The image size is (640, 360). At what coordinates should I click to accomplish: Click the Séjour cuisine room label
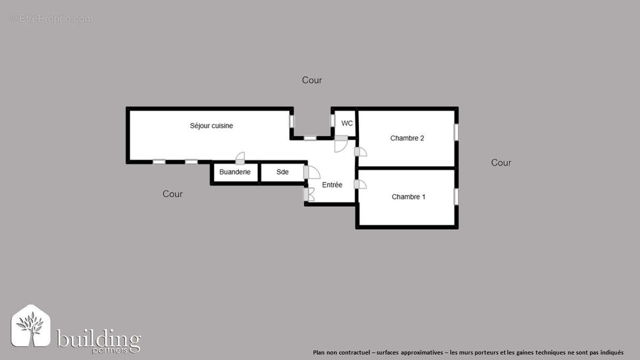tap(211, 126)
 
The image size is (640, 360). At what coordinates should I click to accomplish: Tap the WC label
tap(347, 123)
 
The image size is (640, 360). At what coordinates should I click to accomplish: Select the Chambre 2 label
tap(407, 138)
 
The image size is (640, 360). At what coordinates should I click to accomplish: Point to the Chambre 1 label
tap(409, 197)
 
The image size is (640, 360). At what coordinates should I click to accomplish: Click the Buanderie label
tap(235, 172)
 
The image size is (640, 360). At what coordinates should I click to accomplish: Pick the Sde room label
tap(282, 172)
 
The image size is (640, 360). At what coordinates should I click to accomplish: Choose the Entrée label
tap(332, 185)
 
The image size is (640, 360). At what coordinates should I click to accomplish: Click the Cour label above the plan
tap(312, 80)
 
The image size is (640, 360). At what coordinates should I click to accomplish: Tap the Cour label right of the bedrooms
tap(501, 163)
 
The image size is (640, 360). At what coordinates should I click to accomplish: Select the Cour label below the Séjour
tap(172, 194)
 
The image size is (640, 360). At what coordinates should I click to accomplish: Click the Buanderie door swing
tap(241, 156)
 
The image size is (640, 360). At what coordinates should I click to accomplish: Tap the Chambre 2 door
tap(361, 152)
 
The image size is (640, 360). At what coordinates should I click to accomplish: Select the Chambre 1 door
tap(361, 185)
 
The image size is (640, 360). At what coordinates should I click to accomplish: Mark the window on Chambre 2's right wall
tap(456, 132)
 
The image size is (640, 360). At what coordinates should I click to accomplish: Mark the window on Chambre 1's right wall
tap(456, 196)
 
